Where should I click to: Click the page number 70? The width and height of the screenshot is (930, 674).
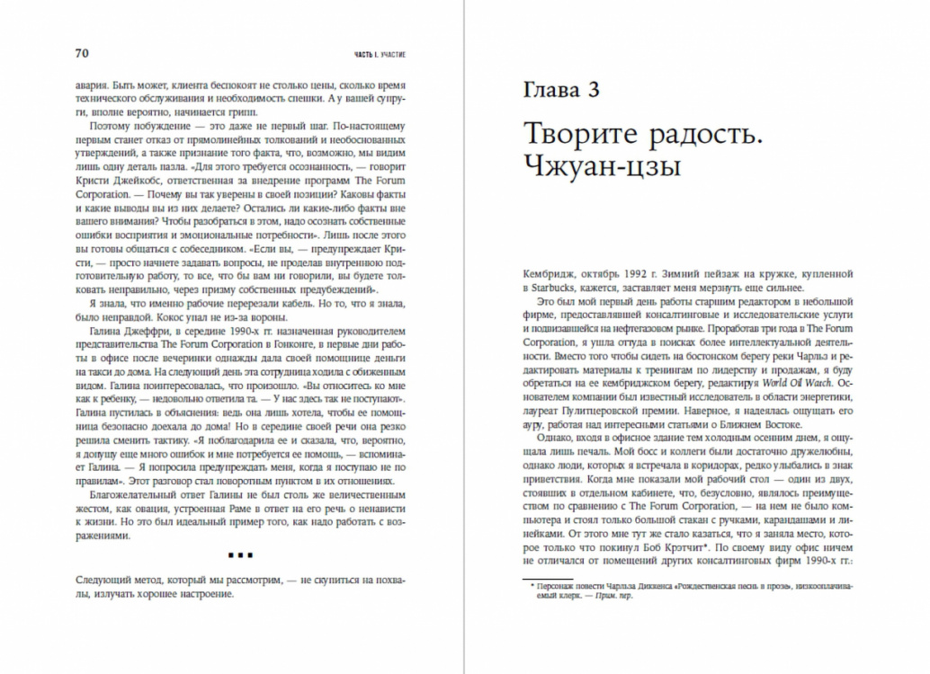81,54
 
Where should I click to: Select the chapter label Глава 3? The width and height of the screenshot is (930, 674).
560,89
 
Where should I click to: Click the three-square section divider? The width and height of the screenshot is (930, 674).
240,555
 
